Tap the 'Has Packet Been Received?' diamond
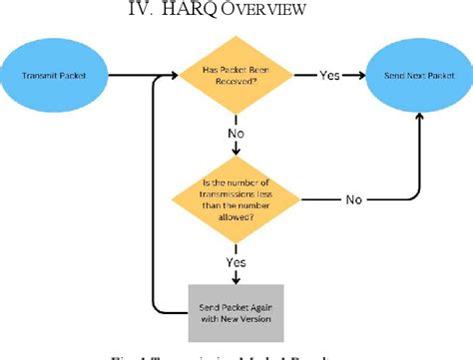click(236, 76)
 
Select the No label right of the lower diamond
click(353, 199)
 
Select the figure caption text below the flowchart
click(236, 353)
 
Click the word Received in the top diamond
click(236, 83)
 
